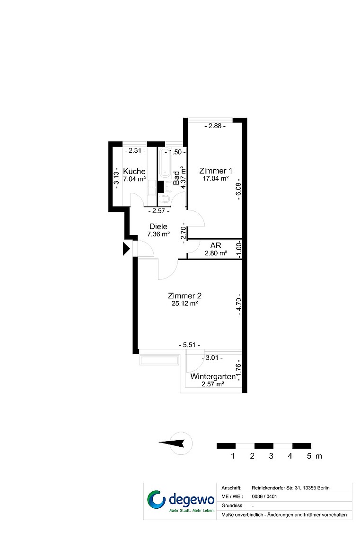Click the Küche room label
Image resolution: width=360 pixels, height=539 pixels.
(x=134, y=171)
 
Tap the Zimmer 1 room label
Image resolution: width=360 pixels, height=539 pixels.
(x=216, y=171)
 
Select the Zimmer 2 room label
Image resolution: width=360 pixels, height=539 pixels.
(x=184, y=296)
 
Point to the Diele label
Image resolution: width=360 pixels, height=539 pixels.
(x=158, y=226)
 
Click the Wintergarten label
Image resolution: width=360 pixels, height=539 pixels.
(x=213, y=376)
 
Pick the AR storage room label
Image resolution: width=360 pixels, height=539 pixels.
(x=216, y=246)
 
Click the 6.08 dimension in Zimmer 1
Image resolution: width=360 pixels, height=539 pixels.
(x=238, y=190)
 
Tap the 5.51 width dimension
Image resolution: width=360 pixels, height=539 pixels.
(x=189, y=345)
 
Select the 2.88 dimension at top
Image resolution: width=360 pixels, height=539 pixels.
(x=215, y=126)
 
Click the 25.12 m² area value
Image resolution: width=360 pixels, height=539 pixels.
(x=184, y=304)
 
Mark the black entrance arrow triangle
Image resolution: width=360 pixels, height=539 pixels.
(x=126, y=249)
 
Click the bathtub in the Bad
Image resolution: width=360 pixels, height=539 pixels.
(x=165, y=162)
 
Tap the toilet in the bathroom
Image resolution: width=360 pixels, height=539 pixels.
(x=165, y=199)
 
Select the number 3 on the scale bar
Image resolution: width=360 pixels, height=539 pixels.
(x=271, y=456)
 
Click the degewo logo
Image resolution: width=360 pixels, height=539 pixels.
(x=181, y=501)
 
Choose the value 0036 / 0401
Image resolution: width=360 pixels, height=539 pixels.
(x=264, y=497)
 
